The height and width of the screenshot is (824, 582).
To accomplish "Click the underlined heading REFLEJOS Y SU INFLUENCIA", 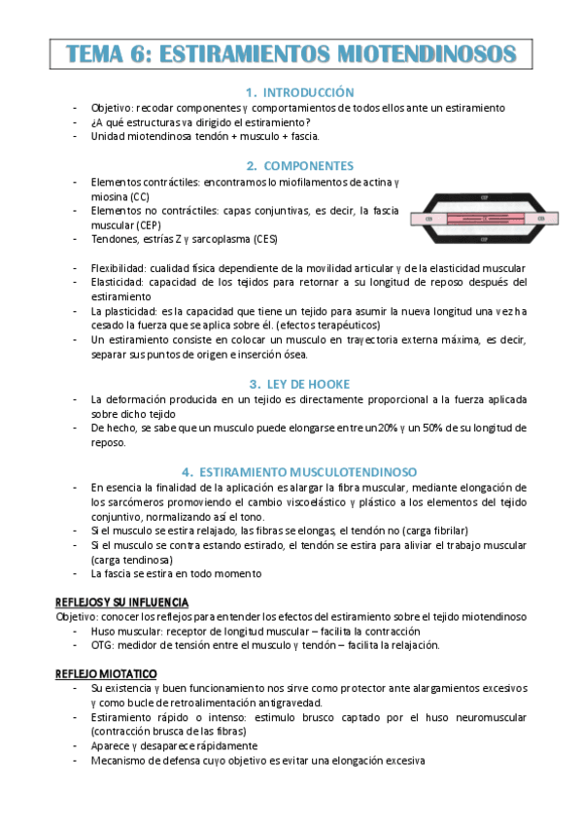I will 122,602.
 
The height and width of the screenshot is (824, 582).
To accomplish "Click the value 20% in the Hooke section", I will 390,428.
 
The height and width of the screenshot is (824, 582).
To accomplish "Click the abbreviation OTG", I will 101,645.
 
